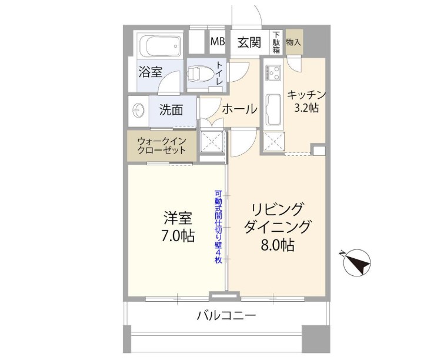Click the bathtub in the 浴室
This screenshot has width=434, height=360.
(x=161, y=45)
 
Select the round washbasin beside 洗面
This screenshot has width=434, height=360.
(x=138, y=111)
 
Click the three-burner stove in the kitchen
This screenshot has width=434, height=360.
(x=273, y=72)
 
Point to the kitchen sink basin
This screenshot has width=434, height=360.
(x=273, y=109)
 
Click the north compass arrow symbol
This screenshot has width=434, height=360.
(x=356, y=262)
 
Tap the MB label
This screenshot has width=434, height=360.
(x=217, y=42)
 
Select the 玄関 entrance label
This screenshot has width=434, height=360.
(x=249, y=42)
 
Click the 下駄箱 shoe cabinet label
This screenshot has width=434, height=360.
(x=276, y=42)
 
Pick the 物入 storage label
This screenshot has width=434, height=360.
(x=293, y=42)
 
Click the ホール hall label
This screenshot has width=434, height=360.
(x=240, y=109)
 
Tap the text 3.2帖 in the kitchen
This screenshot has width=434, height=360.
(x=306, y=108)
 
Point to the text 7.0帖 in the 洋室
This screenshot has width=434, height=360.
(x=178, y=236)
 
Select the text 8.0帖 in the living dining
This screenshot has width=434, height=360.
(x=277, y=245)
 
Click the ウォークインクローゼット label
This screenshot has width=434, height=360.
(x=162, y=146)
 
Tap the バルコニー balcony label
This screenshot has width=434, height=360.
(x=226, y=315)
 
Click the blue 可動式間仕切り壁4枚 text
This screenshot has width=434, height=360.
(x=218, y=227)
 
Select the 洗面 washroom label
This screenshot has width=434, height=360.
(x=171, y=110)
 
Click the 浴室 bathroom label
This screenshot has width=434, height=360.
(x=151, y=72)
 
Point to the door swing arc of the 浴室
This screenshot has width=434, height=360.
(x=167, y=77)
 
